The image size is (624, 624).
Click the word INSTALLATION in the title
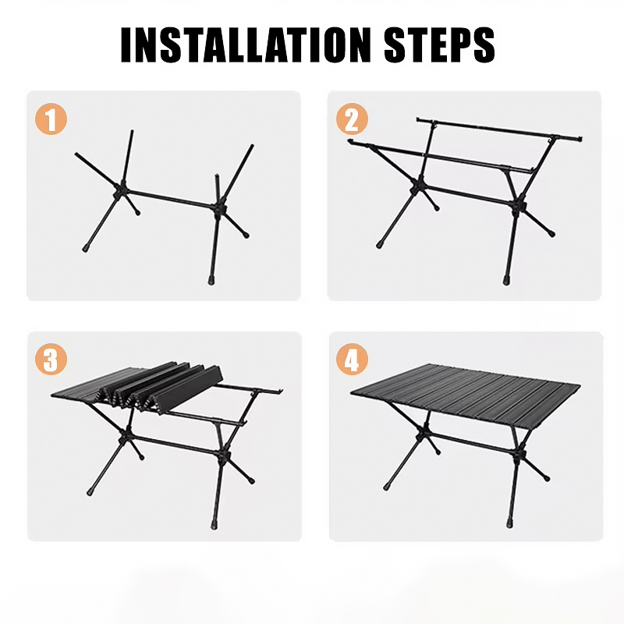point(246,44)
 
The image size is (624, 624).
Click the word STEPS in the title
point(439,44)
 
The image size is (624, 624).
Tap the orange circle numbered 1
point(51,119)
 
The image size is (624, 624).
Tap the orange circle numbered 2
point(352,119)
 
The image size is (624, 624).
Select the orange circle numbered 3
point(51,359)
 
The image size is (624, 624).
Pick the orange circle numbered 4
point(352,359)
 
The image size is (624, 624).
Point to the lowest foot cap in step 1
point(211,280)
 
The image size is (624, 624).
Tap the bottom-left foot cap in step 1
point(86,248)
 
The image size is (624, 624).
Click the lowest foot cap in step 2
point(506,280)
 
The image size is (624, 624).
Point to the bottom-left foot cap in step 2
point(379,245)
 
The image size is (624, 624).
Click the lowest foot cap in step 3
point(215,524)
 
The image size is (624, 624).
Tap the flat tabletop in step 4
point(465,395)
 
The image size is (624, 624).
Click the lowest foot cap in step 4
point(510,523)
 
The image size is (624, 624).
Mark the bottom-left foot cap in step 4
point(386,486)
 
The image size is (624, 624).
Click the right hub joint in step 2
point(519,206)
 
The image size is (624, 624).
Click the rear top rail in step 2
point(499,129)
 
